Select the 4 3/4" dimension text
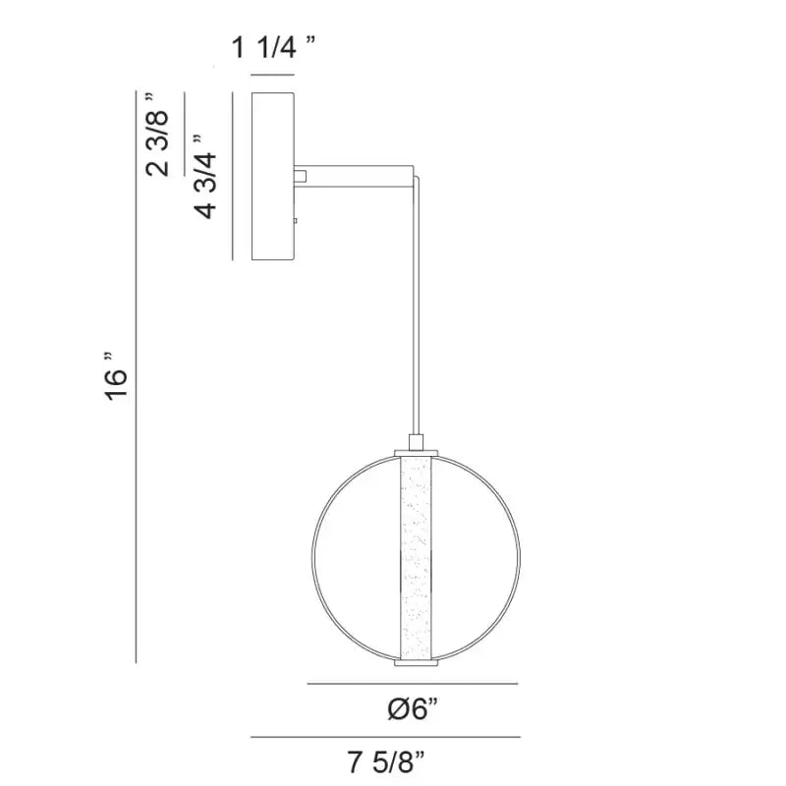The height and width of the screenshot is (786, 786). click(206, 177)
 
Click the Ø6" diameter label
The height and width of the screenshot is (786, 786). click(413, 710)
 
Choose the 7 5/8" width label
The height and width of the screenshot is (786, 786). click(386, 760)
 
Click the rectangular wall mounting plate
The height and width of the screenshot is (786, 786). click(274, 177)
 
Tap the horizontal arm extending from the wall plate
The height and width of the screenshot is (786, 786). click(359, 176)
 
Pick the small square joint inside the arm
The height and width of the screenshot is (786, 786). click(302, 177)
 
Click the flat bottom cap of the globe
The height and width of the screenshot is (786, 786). click(415, 663)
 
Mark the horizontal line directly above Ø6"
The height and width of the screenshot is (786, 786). click(413, 684)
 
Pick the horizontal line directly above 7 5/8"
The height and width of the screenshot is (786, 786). click(385, 736)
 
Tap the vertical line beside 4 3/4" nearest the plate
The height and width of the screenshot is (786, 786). click(232, 177)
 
